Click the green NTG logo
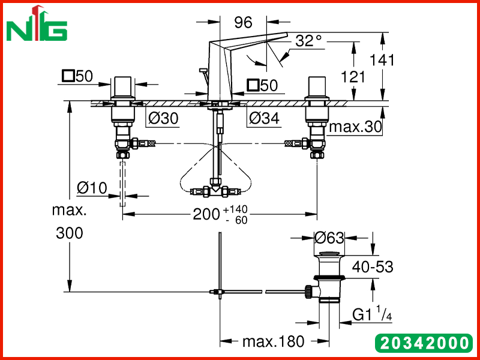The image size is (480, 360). click(x=37, y=23)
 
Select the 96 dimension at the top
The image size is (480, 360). click(x=244, y=22)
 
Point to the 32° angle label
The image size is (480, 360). click(x=309, y=40)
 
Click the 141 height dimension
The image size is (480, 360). click(x=382, y=60)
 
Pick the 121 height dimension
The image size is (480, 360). click(x=353, y=77)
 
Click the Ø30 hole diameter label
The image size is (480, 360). click(x=163, y=118)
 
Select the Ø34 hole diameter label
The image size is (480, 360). click(x=264, y=118)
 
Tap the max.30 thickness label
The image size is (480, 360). click(x=355, y=127)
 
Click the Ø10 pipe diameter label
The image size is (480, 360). click(x=92, y=188)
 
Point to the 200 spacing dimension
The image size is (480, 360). click(x=206, y=214)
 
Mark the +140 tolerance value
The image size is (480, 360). click(x=235, y=209)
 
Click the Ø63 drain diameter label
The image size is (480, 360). click(x=329, y=238)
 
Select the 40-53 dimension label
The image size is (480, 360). click(x=373, y=267)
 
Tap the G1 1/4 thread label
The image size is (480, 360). click(x=372, y=313)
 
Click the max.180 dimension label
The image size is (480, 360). click(x=274, y=341)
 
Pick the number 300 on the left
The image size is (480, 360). click(x=70, y=233)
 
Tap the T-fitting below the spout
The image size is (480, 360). click(x=216, y=190)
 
